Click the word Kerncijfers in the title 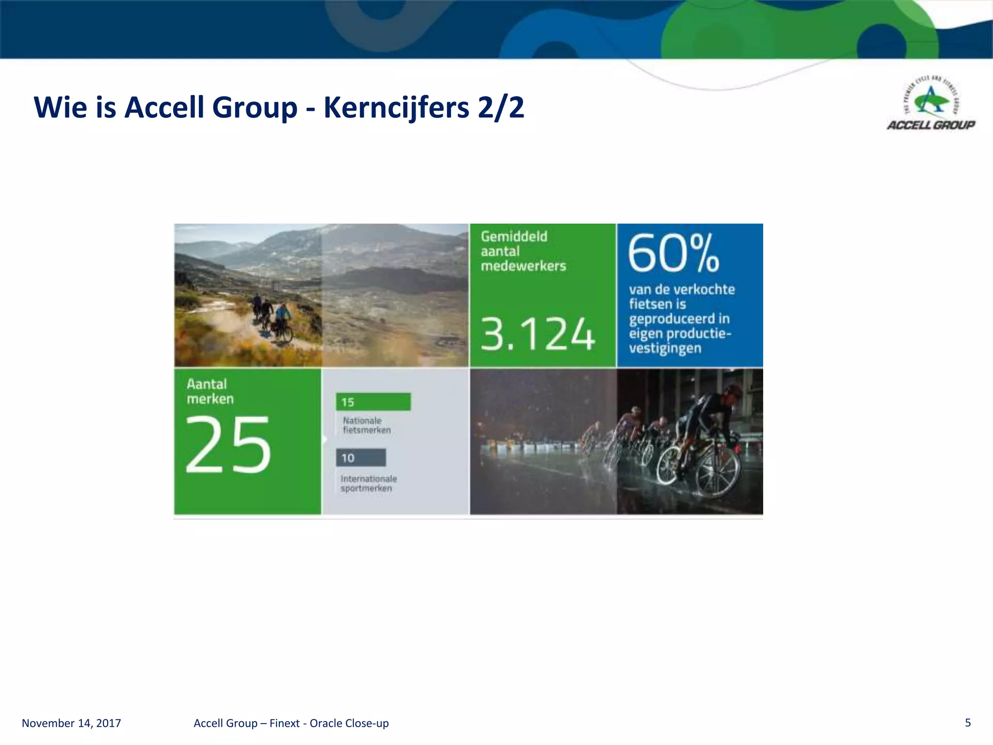coord(396,107)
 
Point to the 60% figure coord(673,253)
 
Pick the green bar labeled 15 coord(373,402)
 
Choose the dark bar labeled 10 coord(361,458)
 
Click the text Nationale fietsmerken coord(366,425)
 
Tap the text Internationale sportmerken coord(368,483)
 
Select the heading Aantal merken coord(210,391)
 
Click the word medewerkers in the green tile coord(523,266)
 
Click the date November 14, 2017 coord(71,723)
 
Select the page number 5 coord(968,723)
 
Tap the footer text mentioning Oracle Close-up coord(291,723)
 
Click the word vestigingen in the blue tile coord(665,348)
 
